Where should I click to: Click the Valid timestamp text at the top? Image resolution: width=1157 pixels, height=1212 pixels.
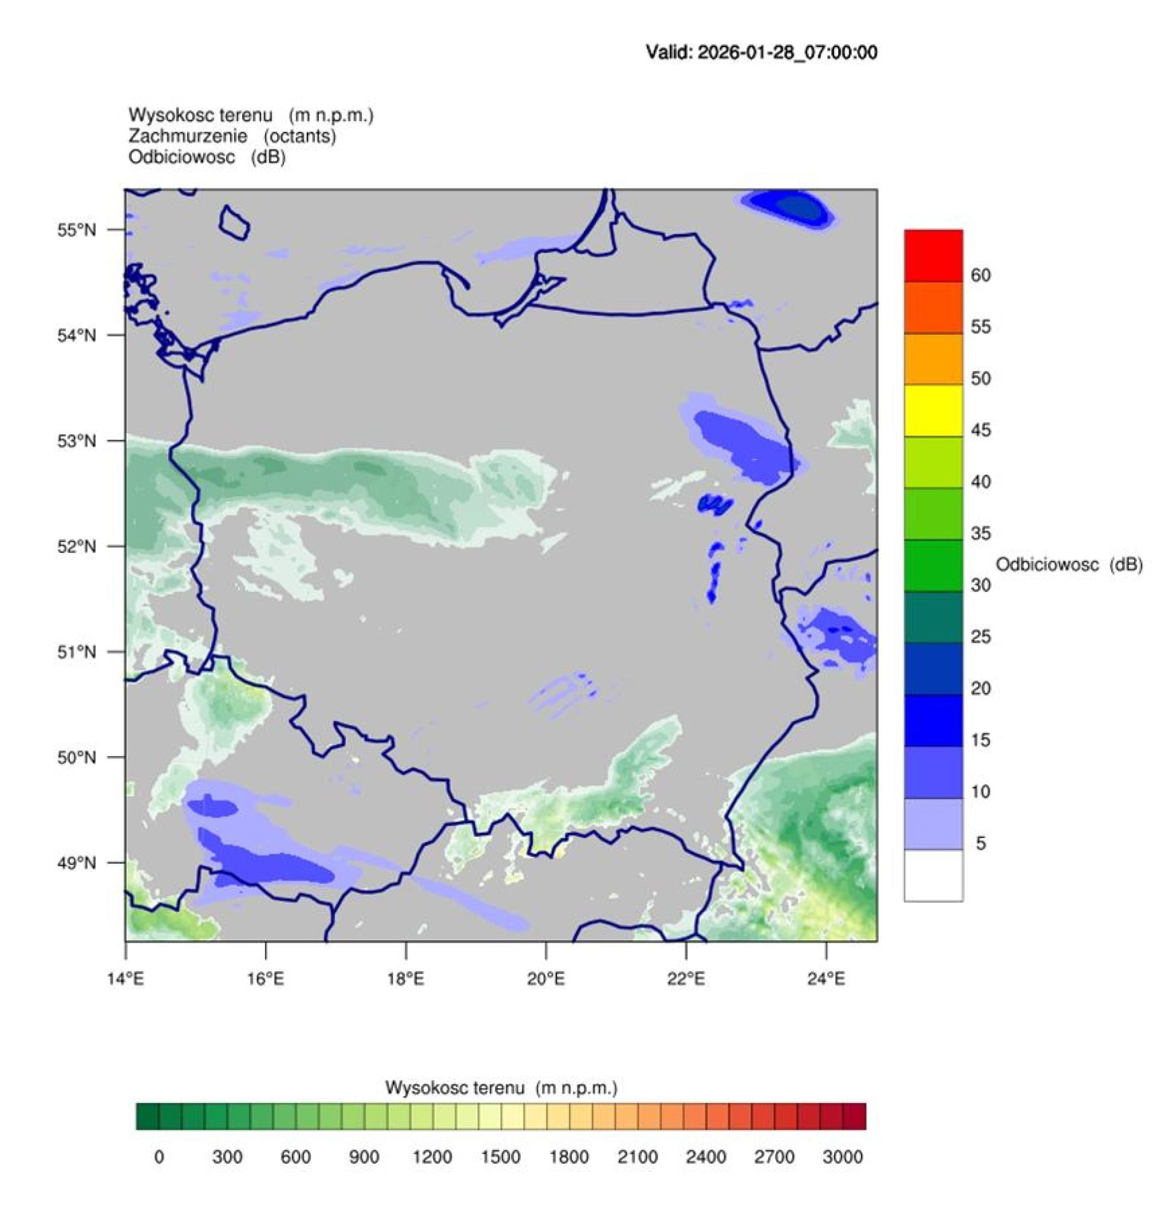click(x=761, y=52)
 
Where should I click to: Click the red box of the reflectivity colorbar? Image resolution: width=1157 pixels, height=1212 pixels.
click(x=933, y=256)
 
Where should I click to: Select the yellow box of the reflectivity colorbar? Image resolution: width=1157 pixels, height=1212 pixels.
click(x=933, y=411)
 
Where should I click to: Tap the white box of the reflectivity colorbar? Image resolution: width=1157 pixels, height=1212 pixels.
click(x=933, y=875)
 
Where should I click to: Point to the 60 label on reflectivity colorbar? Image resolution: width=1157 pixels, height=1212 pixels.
click(x=980, y=275)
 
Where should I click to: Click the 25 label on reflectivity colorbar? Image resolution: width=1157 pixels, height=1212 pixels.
click(x=980, y=637)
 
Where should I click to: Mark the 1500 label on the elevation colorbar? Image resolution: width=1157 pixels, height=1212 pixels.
click(x=501, y=1157)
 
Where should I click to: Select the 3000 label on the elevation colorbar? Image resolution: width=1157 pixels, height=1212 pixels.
click(x=842, y=1157)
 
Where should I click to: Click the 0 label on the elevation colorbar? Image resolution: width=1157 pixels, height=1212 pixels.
click(x=159, y=1157)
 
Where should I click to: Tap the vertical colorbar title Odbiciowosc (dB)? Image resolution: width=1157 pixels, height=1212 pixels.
click(x=1069, y=564)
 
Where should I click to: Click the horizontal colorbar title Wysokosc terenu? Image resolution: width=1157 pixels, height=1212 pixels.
click(x=501, y=1088)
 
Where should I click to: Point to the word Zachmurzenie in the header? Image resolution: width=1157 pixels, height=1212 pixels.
click(x=188, y=136)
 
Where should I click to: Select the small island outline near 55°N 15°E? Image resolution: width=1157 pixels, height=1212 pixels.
click(x=234, y=221)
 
